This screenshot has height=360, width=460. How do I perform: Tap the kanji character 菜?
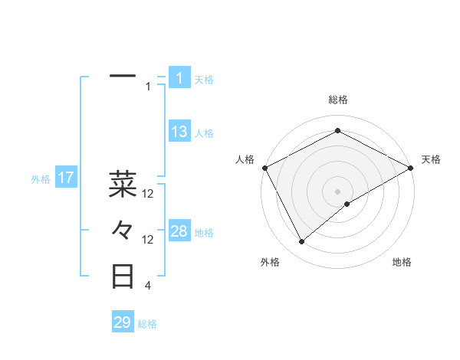click(123, 184)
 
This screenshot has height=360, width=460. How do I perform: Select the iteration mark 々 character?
click(123, 230)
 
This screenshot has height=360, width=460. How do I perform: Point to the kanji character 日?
click(123, 277)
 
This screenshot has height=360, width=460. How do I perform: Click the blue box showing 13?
click(179, 132)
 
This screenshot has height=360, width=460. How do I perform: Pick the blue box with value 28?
click(179, 231)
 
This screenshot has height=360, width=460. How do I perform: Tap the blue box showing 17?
click(66, 178)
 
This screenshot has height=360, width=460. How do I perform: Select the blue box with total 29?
click(123, 322)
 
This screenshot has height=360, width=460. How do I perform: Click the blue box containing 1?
click(179, 77)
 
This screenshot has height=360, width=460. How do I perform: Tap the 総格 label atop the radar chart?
click(338, 100)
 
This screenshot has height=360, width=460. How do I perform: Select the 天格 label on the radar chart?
click(431, 159)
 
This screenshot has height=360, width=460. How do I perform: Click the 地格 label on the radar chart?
click(402, 262)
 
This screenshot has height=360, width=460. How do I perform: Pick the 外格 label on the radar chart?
click(270, 262)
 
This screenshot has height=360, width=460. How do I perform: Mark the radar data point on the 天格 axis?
click(411, 167)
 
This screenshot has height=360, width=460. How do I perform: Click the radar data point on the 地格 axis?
click(348, 204)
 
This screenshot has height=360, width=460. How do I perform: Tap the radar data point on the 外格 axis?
click(302, 241)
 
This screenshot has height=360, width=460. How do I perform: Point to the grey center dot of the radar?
click(338, 191)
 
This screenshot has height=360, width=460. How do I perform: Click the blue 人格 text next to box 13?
click(204, 133)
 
